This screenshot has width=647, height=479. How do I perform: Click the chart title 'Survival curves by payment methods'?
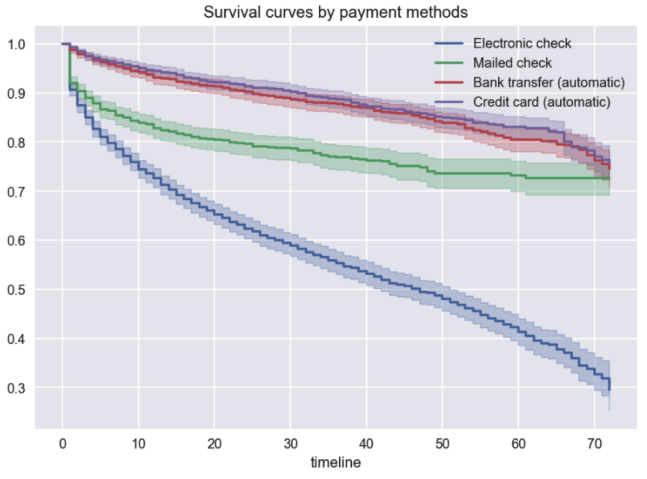[335, 12]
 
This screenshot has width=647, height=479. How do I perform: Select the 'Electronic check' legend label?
[522, 44]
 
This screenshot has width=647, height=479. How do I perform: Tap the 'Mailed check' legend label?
[512, 63]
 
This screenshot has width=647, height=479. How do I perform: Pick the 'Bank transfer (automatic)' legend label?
[549, 83]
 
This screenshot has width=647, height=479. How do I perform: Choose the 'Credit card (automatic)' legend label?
[542, 102]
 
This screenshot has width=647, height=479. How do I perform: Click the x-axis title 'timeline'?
[335, 462]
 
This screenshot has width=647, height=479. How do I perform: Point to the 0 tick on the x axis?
[63, 444]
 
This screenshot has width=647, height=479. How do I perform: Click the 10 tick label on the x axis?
[138, 444]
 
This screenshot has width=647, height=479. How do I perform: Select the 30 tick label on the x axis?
[290, 444]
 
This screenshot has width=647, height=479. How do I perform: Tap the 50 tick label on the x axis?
[442, 444]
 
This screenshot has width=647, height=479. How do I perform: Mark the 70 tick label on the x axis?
[594, 444]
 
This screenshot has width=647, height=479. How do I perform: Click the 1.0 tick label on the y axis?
[16, 44]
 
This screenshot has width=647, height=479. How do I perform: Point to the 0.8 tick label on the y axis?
[16, 142]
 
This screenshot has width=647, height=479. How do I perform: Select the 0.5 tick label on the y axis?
[16, 290]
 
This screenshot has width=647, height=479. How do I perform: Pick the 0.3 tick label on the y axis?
[16, 388]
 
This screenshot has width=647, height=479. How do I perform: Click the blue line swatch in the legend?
[449, 44]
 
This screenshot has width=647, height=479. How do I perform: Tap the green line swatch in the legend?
[449, 63]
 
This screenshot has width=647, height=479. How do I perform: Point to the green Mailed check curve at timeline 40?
[367, 161]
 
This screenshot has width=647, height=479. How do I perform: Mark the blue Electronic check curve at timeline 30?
[290, 244]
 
